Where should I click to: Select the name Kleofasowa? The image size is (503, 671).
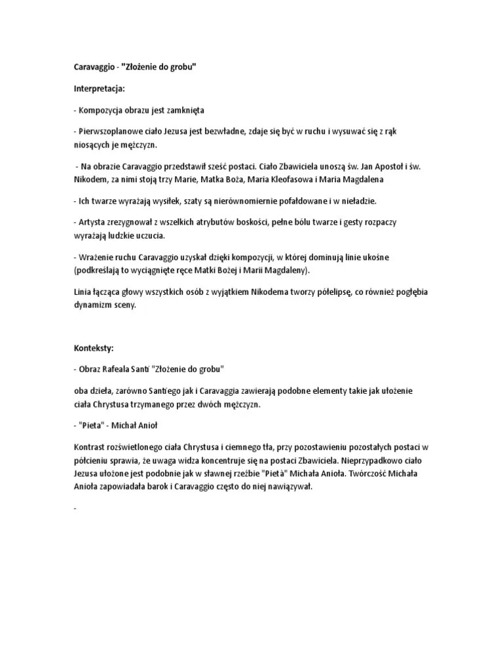pos(276,179)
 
